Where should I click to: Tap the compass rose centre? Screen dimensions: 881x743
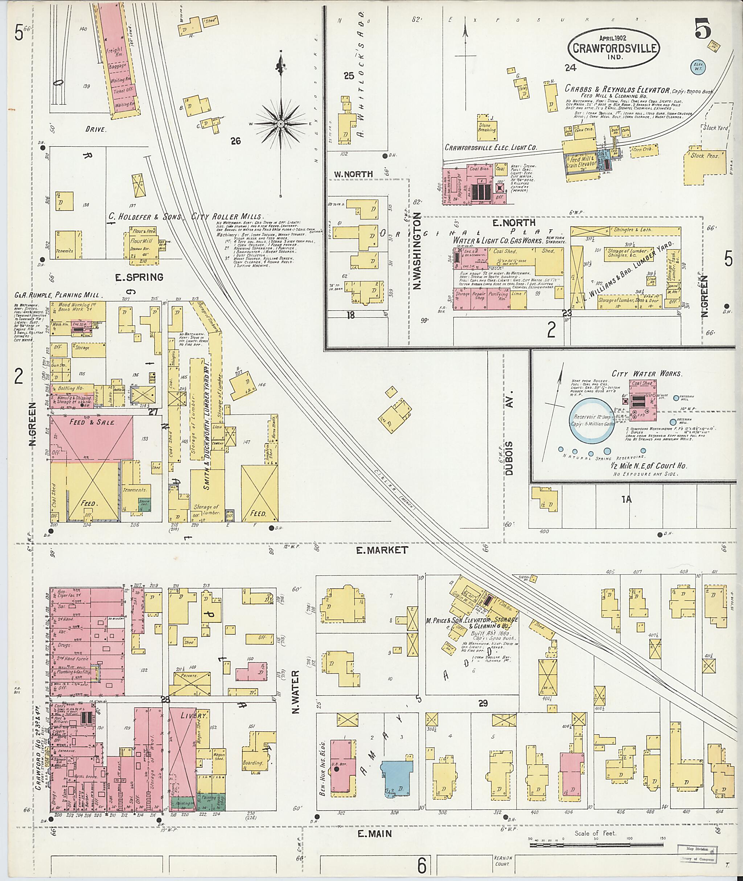[280, 124]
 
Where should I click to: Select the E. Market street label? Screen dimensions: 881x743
[382, 550]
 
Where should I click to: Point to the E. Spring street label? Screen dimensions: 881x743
[140, 277]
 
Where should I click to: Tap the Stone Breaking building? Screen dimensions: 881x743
[487, 128]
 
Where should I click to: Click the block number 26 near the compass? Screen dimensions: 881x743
[235, 141]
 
